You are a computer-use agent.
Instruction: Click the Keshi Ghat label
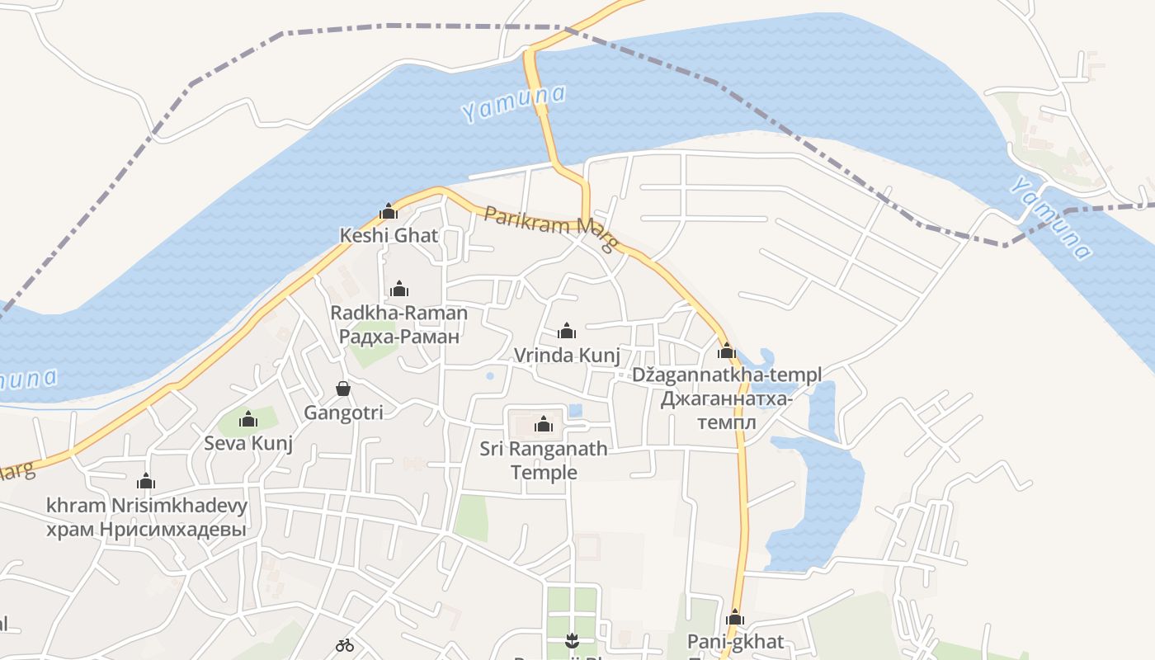tap(389, 235)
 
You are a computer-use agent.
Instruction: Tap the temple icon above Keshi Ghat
tap(389, 212)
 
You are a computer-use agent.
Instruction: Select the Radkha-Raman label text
tap(398, 313)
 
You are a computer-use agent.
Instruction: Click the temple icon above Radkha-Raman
tap(399, 289)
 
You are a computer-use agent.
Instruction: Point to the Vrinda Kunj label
tap(567, 355)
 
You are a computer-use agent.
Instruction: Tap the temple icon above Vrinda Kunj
tap(567, 332)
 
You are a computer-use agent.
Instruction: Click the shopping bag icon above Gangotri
tap(343, 389)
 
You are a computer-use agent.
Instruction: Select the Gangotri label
tap(343, 412)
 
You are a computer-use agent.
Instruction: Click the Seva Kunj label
tap(248, 443)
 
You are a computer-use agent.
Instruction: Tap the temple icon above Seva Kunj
tap(248, 420)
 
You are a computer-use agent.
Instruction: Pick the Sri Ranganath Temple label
tap(544, 460)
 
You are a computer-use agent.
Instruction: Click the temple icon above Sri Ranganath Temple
tap(544, 425)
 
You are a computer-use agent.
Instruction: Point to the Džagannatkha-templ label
tap(727, 375)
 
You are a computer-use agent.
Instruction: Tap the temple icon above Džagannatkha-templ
tap(727, 351)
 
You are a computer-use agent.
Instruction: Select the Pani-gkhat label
tap(735, 642)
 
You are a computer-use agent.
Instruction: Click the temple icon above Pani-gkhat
tap(735, 618)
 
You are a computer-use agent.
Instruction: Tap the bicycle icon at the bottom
tap(345, 645)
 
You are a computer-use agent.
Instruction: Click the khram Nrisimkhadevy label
tap(147, 505)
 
